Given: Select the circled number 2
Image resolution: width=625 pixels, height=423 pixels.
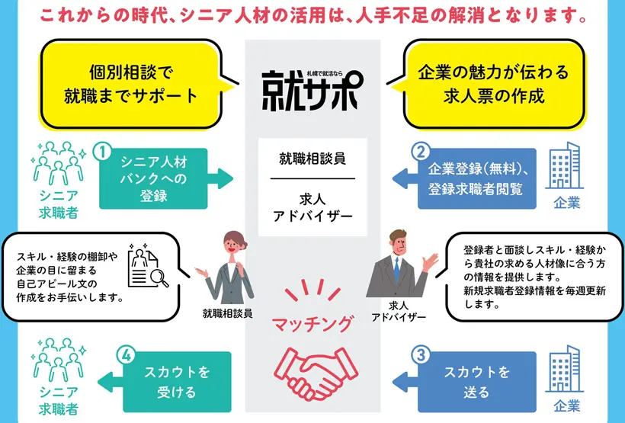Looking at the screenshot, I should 418,151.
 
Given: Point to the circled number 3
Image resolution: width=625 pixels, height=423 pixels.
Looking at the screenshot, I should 418,354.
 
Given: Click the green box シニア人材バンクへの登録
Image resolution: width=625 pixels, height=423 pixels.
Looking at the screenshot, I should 153,178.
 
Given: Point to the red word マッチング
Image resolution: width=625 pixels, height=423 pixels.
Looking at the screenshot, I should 312,324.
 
